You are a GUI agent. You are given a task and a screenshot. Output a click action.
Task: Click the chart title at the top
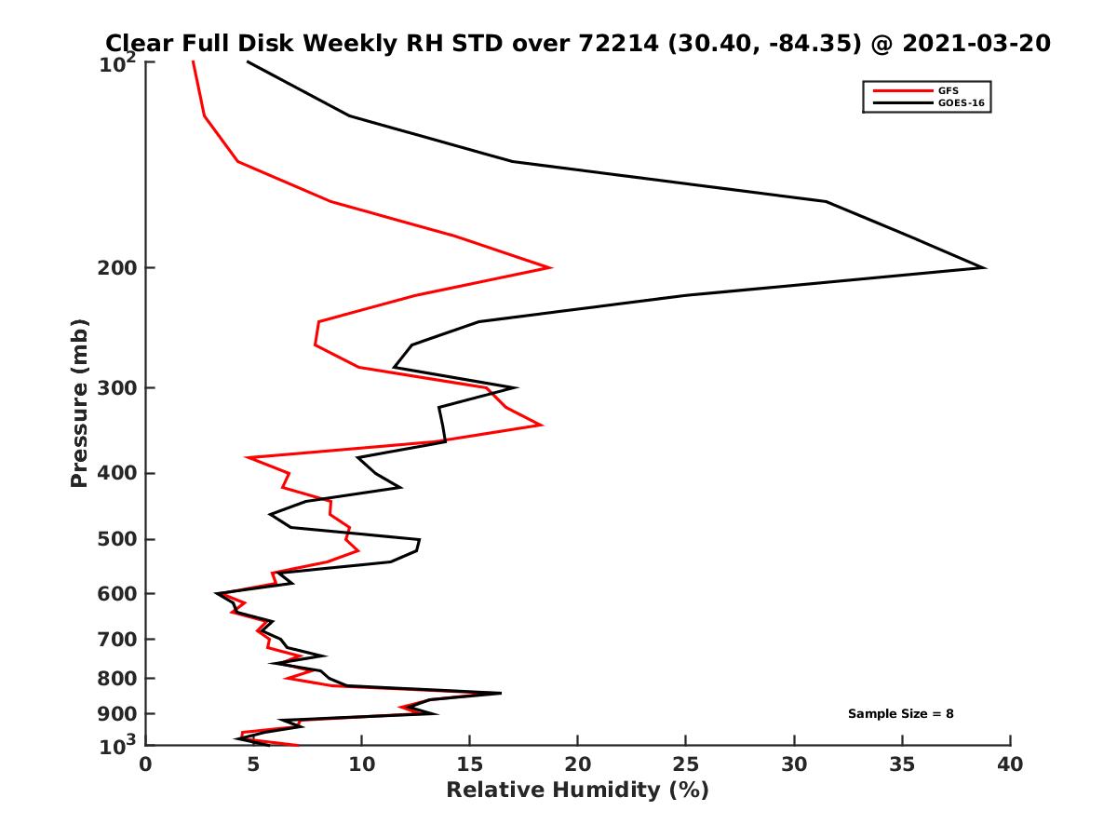577,43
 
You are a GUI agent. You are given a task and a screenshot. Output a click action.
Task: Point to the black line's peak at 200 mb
984,268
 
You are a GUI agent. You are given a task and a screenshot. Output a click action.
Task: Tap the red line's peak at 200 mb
551,268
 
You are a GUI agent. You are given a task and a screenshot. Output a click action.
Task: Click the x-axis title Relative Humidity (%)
577,791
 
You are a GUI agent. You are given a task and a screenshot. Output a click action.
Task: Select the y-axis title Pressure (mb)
79,402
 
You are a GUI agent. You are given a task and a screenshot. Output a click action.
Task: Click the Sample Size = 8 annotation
900,714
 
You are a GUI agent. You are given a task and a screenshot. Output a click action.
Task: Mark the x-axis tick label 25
686,764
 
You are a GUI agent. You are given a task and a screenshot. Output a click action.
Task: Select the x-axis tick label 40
1010,764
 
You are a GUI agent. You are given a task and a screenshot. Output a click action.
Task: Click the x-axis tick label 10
361,764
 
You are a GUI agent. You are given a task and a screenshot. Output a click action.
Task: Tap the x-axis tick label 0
146,764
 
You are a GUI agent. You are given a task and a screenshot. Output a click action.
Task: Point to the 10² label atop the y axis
119,64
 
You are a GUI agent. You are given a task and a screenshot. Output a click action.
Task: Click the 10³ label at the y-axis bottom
119,746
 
